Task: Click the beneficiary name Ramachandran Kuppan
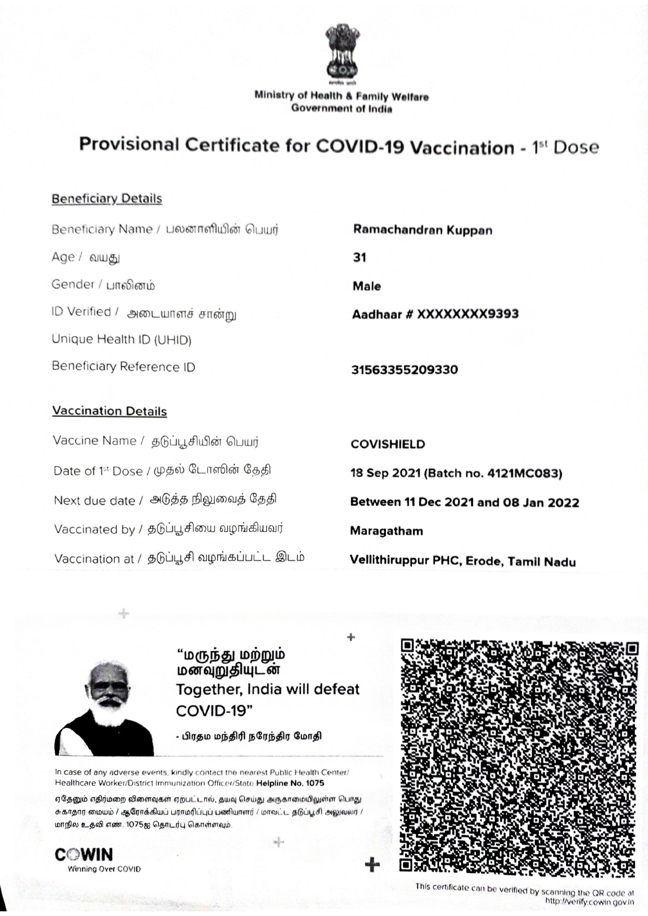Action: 422,230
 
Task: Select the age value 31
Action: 359,257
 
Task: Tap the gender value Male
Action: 367,286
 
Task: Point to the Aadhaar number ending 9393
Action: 435,314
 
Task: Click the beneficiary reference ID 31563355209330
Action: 404,370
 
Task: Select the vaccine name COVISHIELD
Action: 387,444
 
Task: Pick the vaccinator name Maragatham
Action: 386,531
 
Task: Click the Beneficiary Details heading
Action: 107,199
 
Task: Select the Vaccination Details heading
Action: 109,411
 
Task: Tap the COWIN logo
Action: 84,854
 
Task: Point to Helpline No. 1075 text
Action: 290,783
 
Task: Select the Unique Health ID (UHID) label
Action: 121,340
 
